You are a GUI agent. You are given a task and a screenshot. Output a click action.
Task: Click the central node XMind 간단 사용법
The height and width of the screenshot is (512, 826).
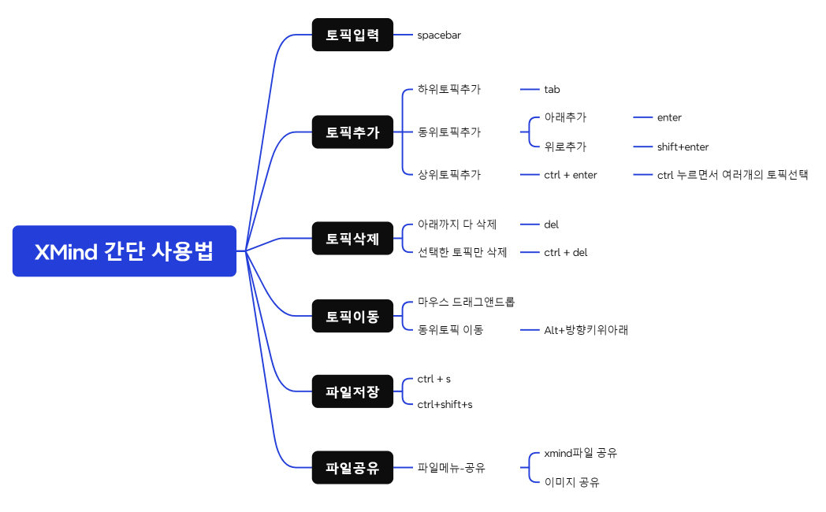pyautogui.click(x=125, y=251)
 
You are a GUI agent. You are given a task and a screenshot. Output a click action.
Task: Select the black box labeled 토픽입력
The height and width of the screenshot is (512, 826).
pyautogui.click(x=352, y=35)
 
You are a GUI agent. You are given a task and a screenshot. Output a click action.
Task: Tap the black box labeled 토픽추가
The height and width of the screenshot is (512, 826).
pyautogui.click(x=352, y=132)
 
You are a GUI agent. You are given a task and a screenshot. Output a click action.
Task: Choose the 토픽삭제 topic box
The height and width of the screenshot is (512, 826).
pyautogui.click(x=352, y=239)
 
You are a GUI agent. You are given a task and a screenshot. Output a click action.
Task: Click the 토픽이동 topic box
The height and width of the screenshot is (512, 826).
pyautogui.click(x=352, y=316)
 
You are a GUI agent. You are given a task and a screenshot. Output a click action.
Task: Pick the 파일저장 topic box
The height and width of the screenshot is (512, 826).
pyautogui.click(x=352, y=391)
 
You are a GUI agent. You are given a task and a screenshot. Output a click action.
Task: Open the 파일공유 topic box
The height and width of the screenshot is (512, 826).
pyautogui.click(x=352, y=468)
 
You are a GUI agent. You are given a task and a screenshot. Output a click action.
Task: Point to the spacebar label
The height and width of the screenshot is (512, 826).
pyautogui.click(x=439, y=35)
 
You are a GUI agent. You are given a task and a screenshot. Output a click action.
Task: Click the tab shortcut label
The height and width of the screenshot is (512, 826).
pyautogui.click(x=552, y=90)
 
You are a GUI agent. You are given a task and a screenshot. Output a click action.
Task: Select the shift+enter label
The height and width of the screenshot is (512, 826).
pyautogui.click(x=683, y=147)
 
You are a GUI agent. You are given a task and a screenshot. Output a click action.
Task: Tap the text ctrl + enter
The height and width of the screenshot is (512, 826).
pyautogui.click(x=571, y=175)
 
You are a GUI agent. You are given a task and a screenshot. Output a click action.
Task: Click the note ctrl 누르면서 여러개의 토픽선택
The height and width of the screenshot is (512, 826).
pyautogui.click(x=732, y=175)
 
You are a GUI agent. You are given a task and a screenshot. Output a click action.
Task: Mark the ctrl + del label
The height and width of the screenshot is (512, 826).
pyautogui.click(x=565, y=253)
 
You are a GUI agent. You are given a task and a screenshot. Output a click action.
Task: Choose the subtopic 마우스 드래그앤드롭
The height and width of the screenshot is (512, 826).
pyautogui.click(x=466, y=302)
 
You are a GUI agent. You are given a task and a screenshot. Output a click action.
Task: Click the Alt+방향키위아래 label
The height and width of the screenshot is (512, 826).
pyautogui.click(x=586, y=330)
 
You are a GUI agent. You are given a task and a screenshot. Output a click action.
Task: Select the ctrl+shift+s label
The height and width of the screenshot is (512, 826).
pyautogui.click(x=445, y=405)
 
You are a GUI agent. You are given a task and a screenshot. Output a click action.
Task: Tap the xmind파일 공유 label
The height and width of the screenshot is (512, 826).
pyautogui.click(x=580, y=454)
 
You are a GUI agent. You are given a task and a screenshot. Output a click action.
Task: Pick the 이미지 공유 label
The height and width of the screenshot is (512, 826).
pyautogui.click(x=571, y=482)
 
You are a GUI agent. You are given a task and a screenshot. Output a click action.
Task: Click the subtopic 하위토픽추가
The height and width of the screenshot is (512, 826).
pyautogui.click(x=448, y=90)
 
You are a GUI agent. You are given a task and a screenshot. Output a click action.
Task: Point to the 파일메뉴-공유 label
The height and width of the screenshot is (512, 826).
pyautogui.click(x=451, y=468)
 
